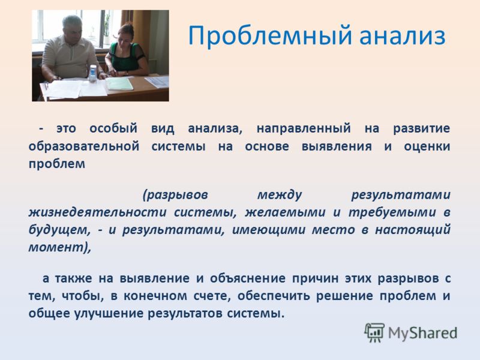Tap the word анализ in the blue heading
point(402,35)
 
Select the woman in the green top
point(126,50)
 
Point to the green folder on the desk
point(120,83)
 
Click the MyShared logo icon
point(374,332)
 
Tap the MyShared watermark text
point(423,333)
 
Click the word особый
point(113,128)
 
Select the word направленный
point(304,128)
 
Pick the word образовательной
point(84,146)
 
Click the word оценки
point(427,146)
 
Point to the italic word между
point(280,194)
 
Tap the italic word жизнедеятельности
point(98,212)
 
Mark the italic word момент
point(56,247)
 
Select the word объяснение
point(248,278)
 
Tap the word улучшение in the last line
point(109,313)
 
